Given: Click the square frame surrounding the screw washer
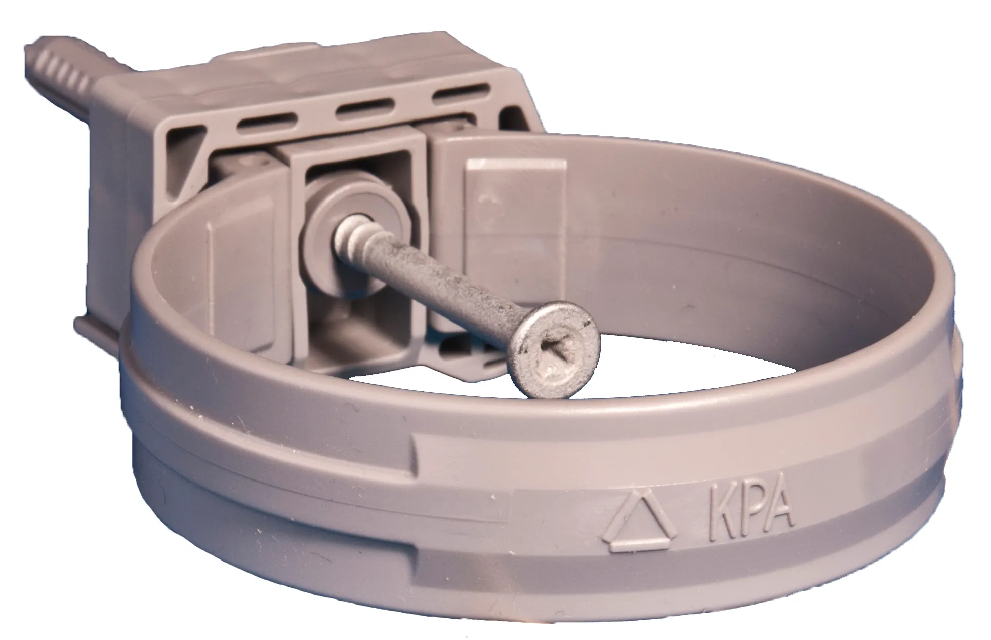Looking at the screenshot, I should [354, 162].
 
